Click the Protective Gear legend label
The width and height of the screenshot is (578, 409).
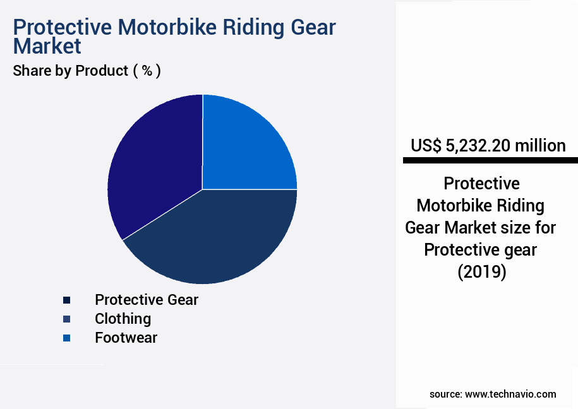(147, 300)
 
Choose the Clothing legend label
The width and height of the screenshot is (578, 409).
(123, 319)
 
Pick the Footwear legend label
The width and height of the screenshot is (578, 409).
(126, 338)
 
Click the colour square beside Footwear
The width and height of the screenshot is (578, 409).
(66, 338)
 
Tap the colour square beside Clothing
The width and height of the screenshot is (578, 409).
(66, 319)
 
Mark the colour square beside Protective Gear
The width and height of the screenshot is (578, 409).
(66, 300)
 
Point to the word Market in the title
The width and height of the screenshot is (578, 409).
(47, 46)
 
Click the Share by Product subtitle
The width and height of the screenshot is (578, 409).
(71, 71)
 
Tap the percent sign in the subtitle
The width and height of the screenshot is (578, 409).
(147, 71)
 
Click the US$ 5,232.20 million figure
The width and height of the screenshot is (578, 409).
(488, 146)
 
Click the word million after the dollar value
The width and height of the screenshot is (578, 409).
(540, 146)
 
